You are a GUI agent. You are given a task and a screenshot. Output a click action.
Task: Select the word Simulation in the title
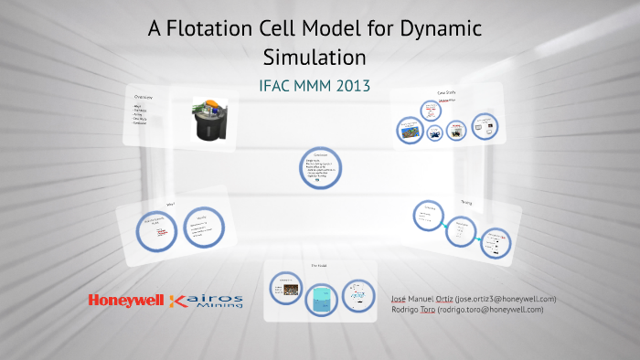315,57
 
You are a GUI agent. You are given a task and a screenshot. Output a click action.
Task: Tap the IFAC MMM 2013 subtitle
315,87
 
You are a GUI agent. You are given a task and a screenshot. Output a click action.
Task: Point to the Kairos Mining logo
208,301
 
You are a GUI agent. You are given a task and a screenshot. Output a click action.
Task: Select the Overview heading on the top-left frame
143,97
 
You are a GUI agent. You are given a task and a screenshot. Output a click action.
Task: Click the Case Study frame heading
446,93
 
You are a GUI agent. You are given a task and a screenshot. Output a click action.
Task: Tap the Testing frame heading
466,202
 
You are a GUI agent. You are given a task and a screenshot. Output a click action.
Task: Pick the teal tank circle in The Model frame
320,298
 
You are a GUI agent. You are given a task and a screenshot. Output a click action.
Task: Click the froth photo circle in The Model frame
284,291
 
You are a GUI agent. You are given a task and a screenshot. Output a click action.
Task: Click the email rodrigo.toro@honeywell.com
491,309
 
